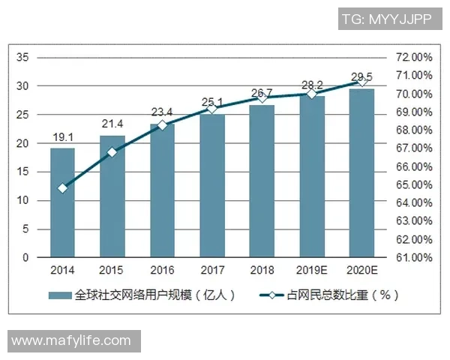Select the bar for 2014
[x=62, y=202]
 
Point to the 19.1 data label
[x=62, y=138]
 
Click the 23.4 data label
[x=162, y=113]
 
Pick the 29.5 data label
[x=361, y=78]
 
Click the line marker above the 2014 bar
[x=62, y=188]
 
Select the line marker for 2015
[x=112, y=152]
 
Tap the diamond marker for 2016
[x=162, y=125]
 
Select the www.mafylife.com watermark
[x=72, y=340]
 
